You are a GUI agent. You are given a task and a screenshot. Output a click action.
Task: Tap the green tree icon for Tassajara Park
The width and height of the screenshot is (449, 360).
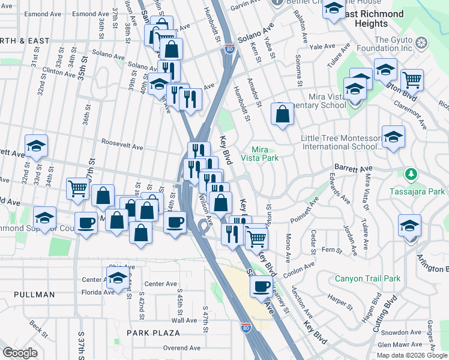pos(411,175)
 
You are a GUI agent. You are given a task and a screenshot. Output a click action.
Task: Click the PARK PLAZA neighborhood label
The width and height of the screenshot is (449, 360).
pos(153,332)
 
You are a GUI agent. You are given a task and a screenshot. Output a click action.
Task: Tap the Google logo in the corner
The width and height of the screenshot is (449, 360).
pos(20,353)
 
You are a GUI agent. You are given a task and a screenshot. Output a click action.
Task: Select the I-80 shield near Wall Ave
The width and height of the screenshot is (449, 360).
pos(246,327)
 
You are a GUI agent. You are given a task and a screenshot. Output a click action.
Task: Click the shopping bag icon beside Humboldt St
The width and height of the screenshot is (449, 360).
pos(282,113)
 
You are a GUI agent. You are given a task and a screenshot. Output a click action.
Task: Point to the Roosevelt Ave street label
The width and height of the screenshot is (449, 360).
pos(122,146)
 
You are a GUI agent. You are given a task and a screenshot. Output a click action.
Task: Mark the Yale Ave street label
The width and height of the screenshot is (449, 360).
pos(322,46)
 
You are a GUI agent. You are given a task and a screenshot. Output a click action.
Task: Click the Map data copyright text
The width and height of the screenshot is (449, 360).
pos(412,355)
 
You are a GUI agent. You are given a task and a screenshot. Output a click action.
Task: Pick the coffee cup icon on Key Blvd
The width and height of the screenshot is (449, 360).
pos(262,286)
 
